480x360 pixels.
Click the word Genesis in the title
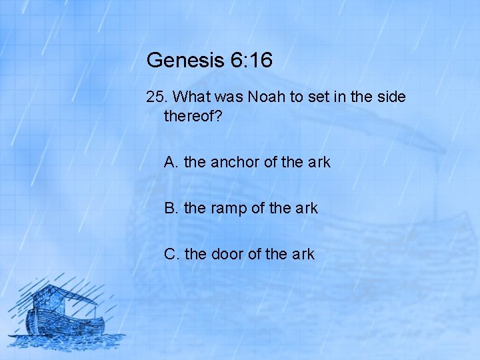(183, 61)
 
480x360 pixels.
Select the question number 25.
(157, 97)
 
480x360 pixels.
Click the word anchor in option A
(229, 162)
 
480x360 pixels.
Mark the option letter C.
(171, 254)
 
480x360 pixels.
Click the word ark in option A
(319, 162)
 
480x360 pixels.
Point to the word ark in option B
(307, 208)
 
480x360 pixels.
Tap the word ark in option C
(303, 254)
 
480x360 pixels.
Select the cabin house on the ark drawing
(53, 297)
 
